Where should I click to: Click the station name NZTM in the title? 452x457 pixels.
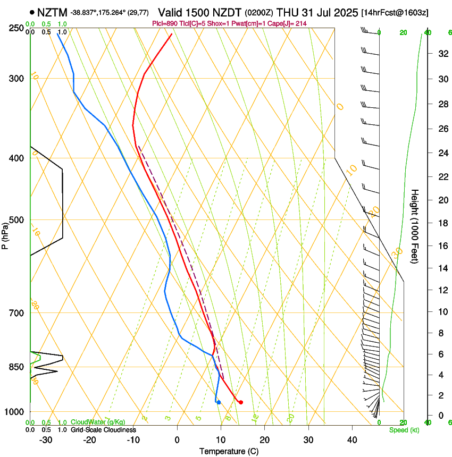tap(52, 12)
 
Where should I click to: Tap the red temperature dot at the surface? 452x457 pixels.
tap(241, 402)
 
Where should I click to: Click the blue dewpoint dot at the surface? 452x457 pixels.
tap(219, 402)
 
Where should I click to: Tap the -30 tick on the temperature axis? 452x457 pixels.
tap(46, 440)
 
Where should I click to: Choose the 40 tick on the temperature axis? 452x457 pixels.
tap(352, 440)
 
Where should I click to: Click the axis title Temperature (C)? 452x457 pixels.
tap(229, 451)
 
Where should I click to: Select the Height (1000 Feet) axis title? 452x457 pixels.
tap(415, 226)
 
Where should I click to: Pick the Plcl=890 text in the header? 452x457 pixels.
tap(164, 23)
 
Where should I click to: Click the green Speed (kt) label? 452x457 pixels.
tap(404, 430)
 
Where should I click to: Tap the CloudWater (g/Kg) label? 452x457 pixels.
tap(98, 422)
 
